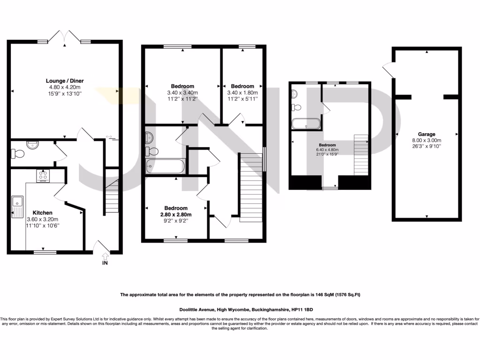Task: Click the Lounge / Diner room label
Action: pyautogui.click(x=65, y=81)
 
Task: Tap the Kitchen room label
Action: pyautogui.click(x=42, y=213)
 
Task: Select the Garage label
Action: pyautogui.click(x=427, y=134)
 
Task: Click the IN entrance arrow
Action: pyautogui.click(x=105, y=257)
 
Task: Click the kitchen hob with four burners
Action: pyautogui.click(x=44, y=176)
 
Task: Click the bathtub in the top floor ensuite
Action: pyautogui.click(x=306, y=124)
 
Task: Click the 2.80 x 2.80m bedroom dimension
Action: pyautogui.click(x=175, y=214)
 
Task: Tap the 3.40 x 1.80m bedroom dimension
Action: pyautogui.click(x=242, y=93)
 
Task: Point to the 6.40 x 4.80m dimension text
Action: pyautogui.click(x=328, y=150)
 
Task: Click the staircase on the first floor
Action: pyautogui.click(x=252, y=187)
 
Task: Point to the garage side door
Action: pyautogui.click(x=388, y=70)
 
